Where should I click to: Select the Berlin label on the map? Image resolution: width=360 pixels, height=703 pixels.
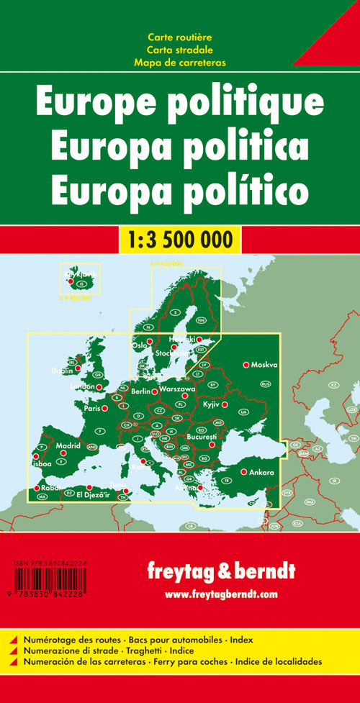pos(141,391)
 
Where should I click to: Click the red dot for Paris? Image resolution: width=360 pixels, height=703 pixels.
pos(105,409)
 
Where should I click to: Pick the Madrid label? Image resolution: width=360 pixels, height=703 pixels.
pos(68,445)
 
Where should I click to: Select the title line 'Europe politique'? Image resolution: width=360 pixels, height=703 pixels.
pos(179,103)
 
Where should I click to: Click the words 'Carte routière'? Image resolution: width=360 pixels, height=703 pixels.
pos(179,37)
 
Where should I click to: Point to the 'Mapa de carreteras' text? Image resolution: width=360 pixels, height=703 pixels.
pos(179,63)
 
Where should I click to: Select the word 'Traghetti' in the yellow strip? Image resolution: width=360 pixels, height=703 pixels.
pos(164,650)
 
